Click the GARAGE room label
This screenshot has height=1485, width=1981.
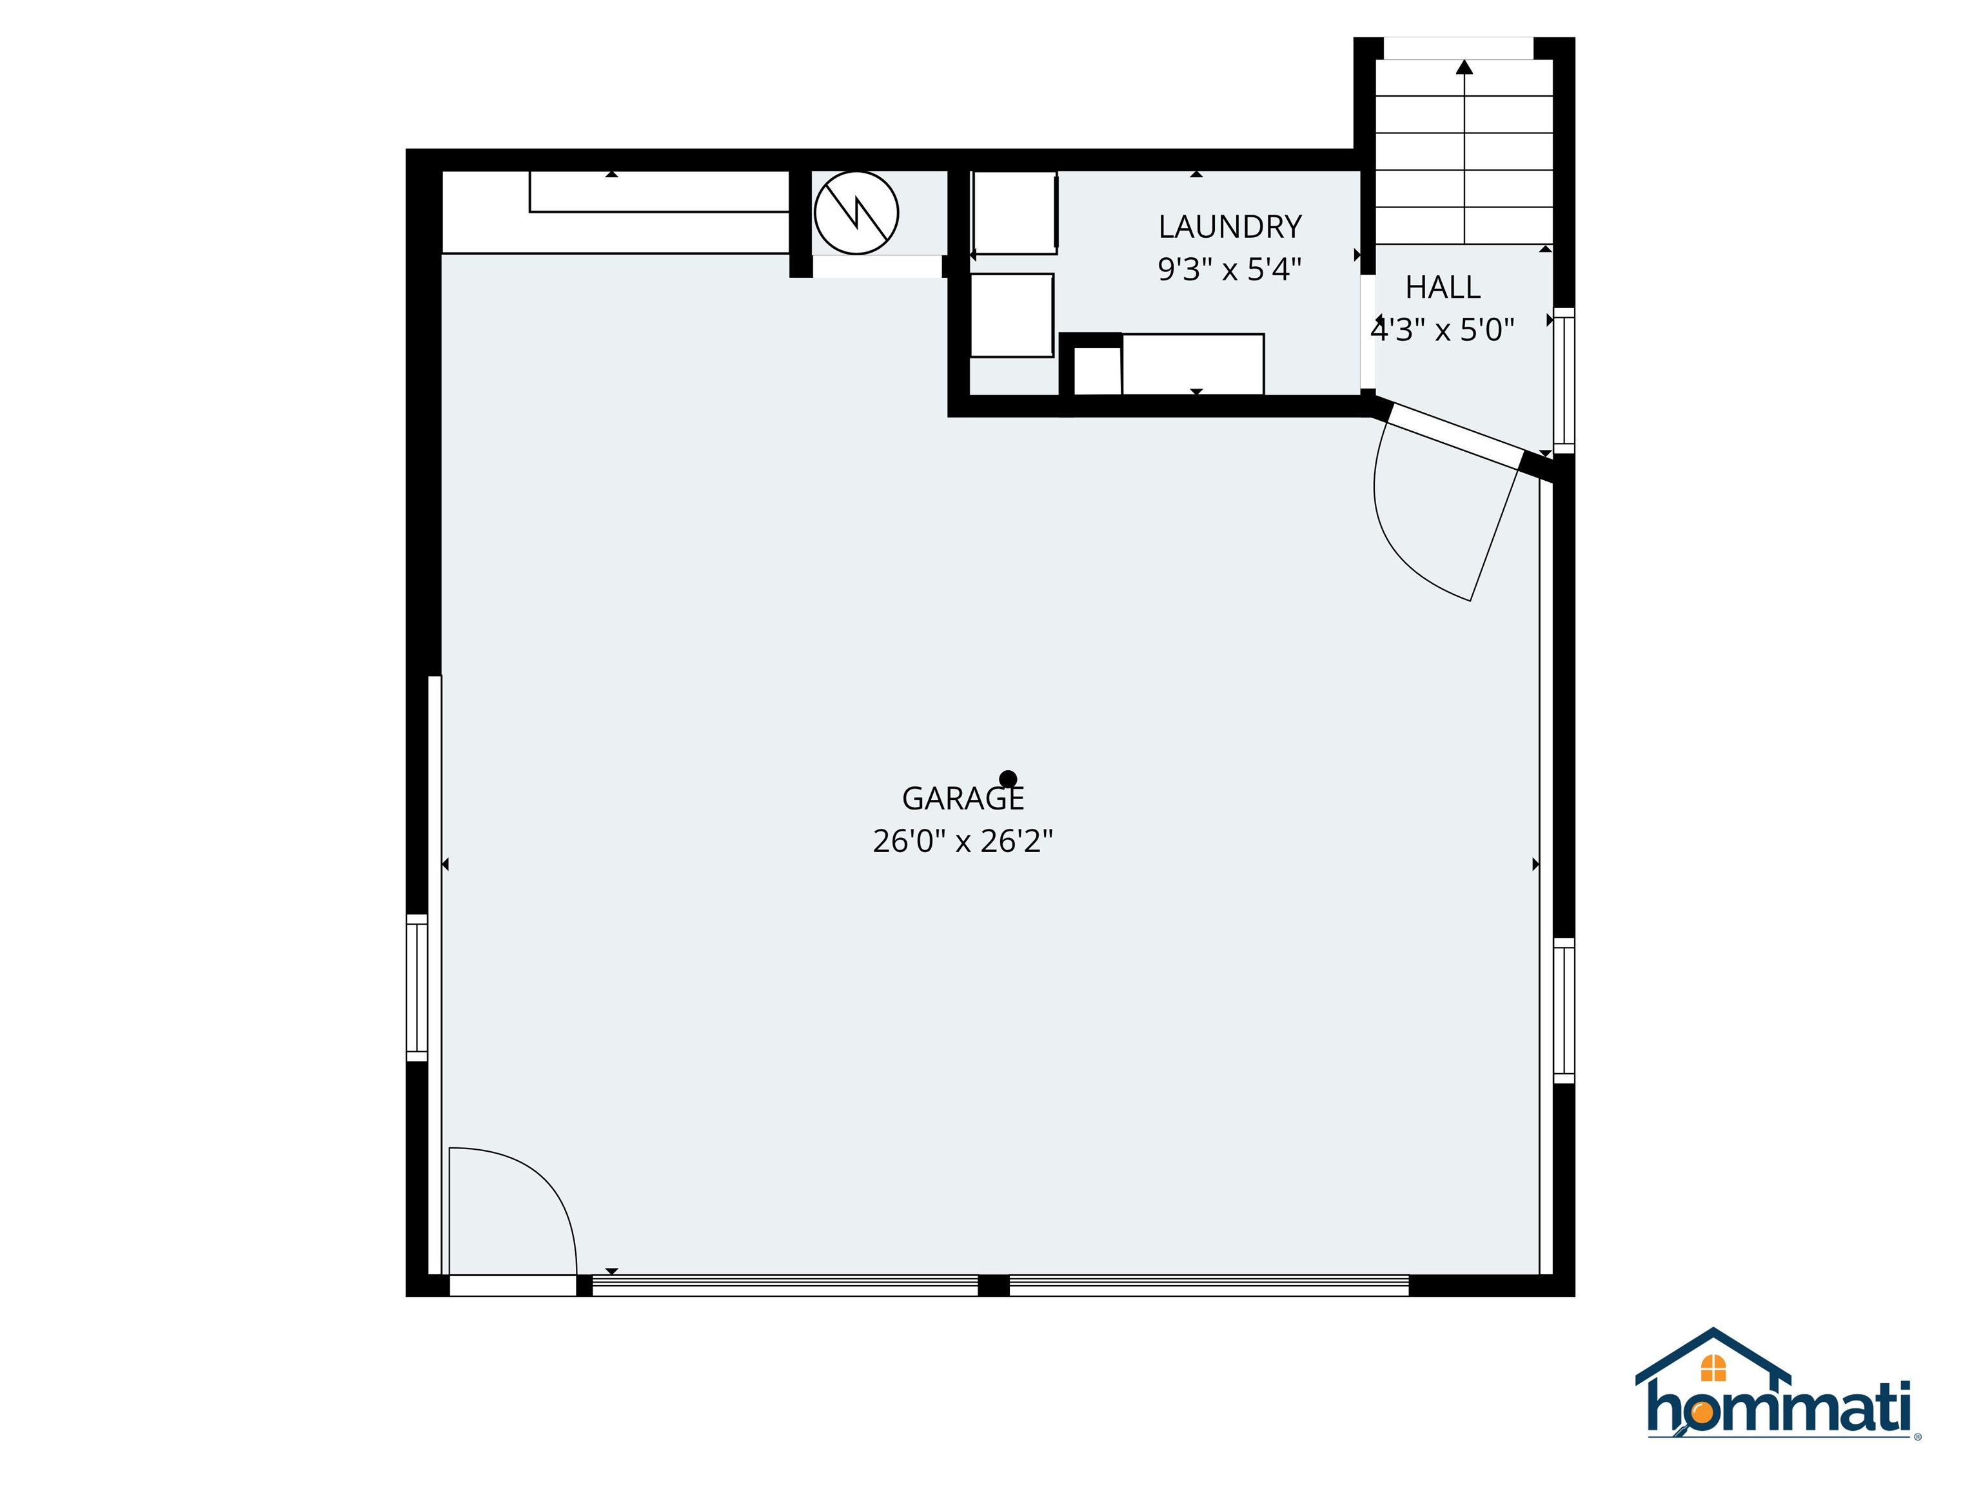coord(962,797)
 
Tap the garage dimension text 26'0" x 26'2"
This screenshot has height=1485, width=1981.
coord(962,841)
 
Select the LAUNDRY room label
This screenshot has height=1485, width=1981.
coord(1230,228)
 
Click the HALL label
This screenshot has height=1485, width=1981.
coord(1442,287)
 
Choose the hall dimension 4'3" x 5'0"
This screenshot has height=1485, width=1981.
coord(1442,330)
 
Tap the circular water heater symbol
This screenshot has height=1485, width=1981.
coord(856,213)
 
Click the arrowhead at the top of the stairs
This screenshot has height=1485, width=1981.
coord(1464,66)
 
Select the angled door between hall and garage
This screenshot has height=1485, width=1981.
coord(1454,436)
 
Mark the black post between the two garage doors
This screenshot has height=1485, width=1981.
coord(993,1285)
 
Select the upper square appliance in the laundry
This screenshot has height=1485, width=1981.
coord(1014,213)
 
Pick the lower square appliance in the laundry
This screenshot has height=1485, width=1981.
coord(1011,315)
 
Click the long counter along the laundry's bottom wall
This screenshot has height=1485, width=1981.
coord(1192,364)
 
